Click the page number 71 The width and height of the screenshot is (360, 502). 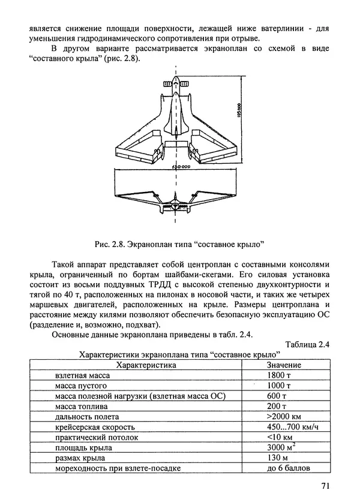pyautogui.click(x=325, y=485)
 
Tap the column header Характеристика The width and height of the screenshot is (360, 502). pyautogui.click(x=145, y=364)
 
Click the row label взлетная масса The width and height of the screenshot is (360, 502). pyautogui.click(x=84, y=375)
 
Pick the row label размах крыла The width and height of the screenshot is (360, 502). pyautogui.click(x=80, y=458)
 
